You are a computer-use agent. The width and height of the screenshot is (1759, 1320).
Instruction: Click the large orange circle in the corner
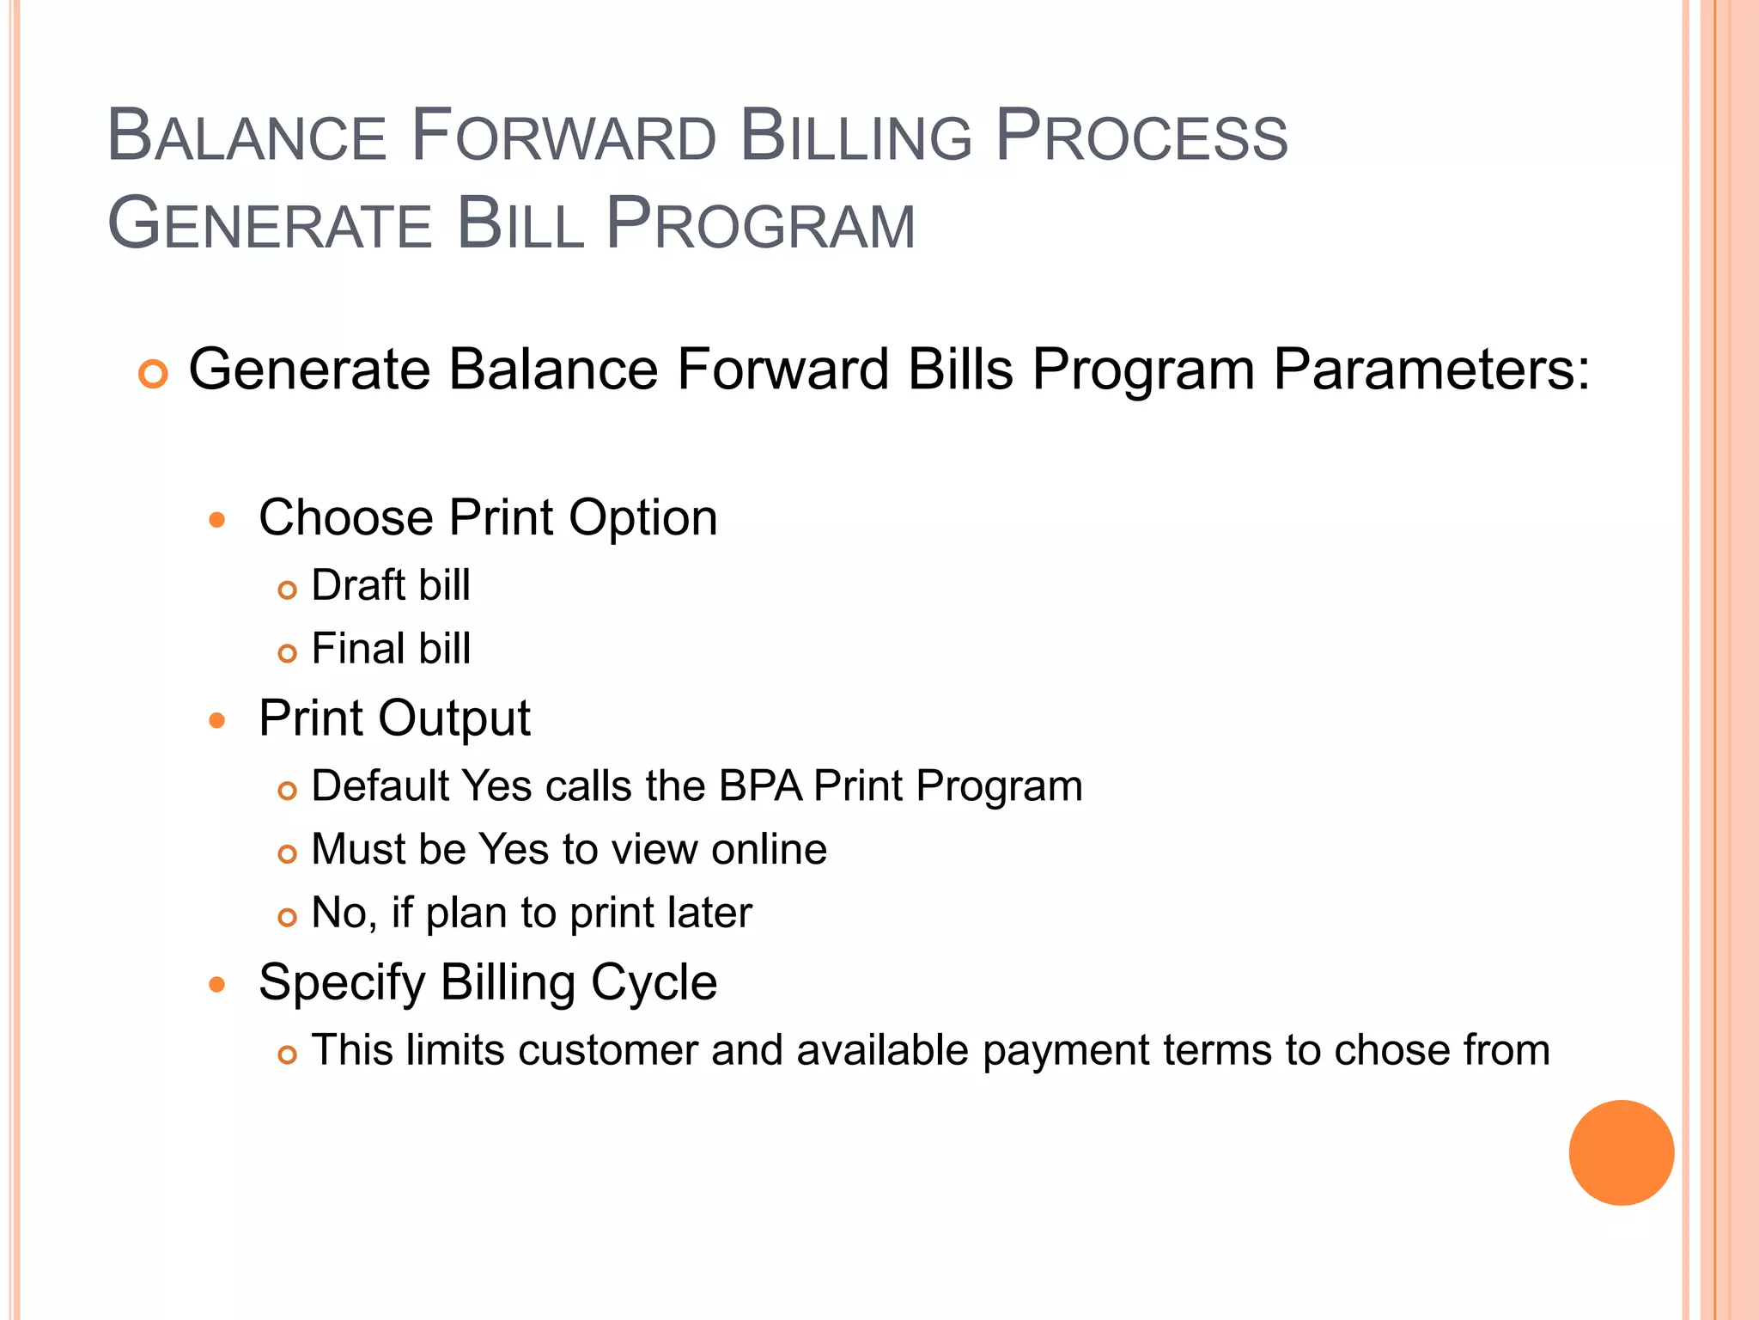click(x=1621, y=1152)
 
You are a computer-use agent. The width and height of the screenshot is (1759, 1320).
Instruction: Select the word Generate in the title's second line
click(x=269, y=225)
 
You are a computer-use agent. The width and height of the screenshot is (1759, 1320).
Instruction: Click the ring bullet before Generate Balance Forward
click(x=153, y=375)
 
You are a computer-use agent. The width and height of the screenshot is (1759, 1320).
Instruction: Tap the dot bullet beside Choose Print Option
click(x=217, y=520)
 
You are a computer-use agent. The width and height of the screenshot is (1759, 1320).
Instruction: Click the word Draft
click(x=358, y=586)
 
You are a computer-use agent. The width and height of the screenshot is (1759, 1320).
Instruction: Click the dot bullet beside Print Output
click(x=217, y=720)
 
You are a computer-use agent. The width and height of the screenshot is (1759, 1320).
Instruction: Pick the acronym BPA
click(x=760, y=786)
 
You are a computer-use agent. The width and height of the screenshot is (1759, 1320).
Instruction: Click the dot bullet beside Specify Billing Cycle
click(x=217, y=984)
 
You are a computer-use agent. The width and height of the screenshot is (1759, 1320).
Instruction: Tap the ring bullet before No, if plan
click(x=288, y=917)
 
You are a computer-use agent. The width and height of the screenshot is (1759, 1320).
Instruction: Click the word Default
click(x=380, y=786)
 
